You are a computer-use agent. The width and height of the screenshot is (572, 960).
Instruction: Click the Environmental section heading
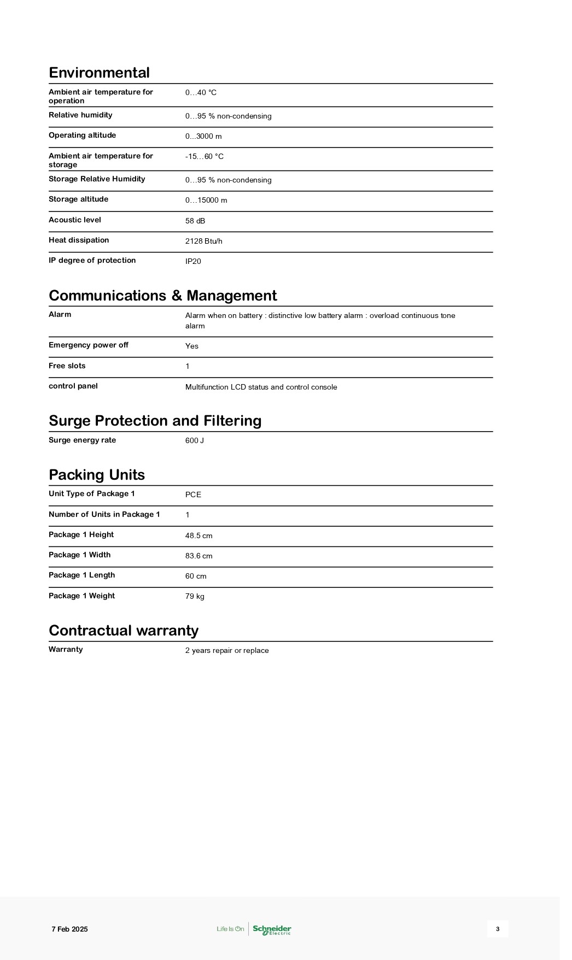[99, 73]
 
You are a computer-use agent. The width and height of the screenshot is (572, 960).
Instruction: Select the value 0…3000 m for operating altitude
[203, 136]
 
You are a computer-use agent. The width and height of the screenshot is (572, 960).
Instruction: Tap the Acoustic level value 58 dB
[195, 221]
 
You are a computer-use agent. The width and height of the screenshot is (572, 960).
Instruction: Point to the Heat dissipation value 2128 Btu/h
[204, 241]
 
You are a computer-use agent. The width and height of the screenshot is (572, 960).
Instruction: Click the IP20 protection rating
[193, 261]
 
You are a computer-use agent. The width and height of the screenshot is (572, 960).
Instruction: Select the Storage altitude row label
[78, 199]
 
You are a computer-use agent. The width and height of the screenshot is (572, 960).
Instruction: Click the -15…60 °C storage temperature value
[205, 156]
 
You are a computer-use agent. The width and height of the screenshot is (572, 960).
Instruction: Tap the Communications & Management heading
[162, 296]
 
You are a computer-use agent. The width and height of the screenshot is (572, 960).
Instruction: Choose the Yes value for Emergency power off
[192, 346]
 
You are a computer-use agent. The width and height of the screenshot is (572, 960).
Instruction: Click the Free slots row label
[67, 366]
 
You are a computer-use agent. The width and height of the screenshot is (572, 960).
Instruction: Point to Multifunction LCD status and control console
[261, 387]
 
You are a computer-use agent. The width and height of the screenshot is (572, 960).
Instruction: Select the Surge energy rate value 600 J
[195, 440]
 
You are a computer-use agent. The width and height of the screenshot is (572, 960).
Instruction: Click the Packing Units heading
[97, 474]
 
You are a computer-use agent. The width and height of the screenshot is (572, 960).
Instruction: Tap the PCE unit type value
[193, 494]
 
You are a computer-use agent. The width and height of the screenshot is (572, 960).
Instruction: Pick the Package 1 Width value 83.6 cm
[199, 556]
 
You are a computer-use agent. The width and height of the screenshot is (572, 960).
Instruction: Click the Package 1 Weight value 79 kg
[195, 596]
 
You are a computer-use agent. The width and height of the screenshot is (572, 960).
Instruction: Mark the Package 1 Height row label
[81, 535]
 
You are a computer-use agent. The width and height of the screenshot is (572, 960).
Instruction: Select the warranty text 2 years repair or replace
[227, 650]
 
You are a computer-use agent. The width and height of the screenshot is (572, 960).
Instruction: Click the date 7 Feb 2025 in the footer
[69, 929]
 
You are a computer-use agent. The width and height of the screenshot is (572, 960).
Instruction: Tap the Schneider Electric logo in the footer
[272, 929]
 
